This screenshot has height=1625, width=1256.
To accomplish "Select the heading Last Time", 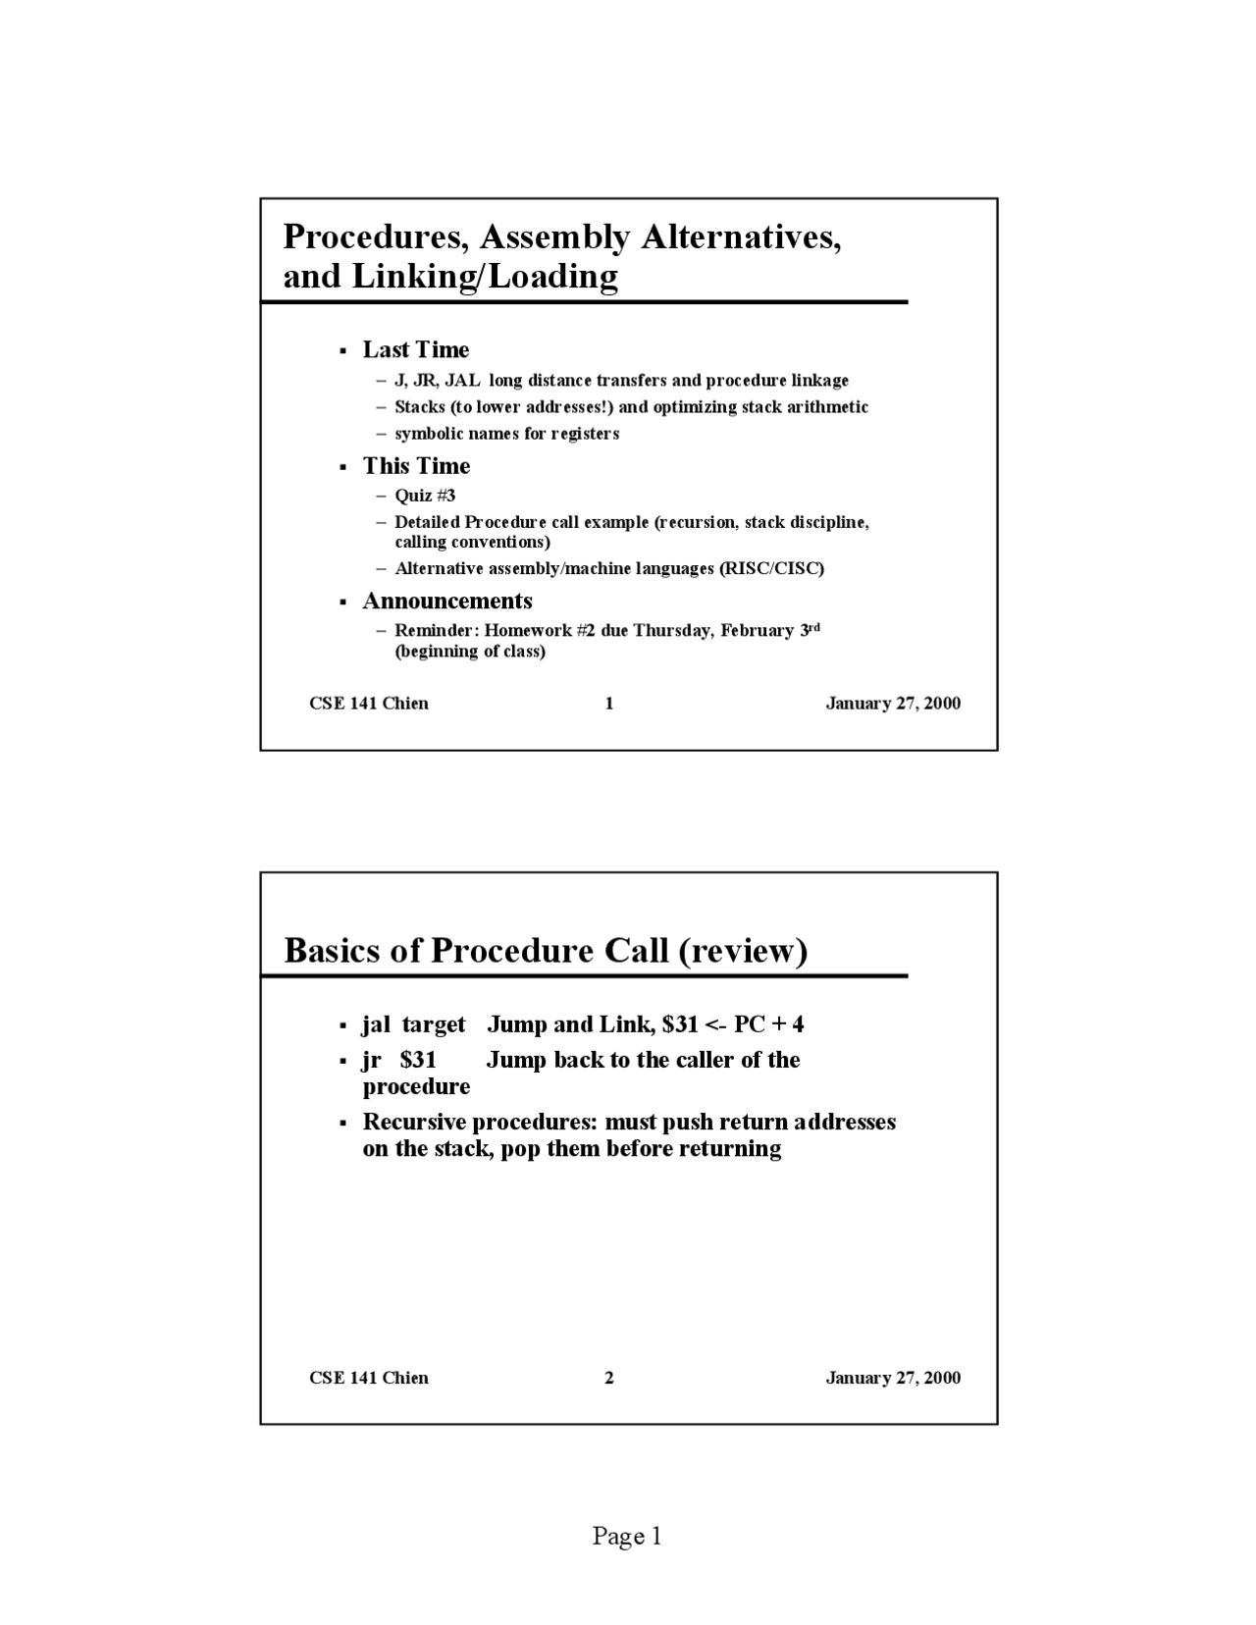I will (x=416, y=350).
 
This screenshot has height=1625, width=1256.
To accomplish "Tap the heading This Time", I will (x=416, y=466).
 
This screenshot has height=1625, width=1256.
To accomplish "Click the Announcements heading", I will (x=447, y=602).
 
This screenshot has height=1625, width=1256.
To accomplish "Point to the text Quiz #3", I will (x=425, y=496).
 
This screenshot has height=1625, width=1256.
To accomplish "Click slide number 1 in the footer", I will (x=609, y=704).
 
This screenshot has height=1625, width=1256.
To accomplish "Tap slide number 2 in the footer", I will (x=609, y=1378).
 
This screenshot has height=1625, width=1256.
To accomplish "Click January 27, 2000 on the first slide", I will (x=893, y=704).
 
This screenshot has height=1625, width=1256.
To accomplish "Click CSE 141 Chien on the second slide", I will (x=369, y=1378).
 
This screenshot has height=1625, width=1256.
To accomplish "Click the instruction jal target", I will (x=413, y=1024).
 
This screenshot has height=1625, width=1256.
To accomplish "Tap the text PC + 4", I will (x=768, y=1024).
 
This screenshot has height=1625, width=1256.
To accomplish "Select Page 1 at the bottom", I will (x=627, y=1536).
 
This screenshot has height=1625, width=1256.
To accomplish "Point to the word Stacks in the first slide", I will (x=420, y=407).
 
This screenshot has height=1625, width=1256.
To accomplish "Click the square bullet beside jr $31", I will (x=343, y=1062).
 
